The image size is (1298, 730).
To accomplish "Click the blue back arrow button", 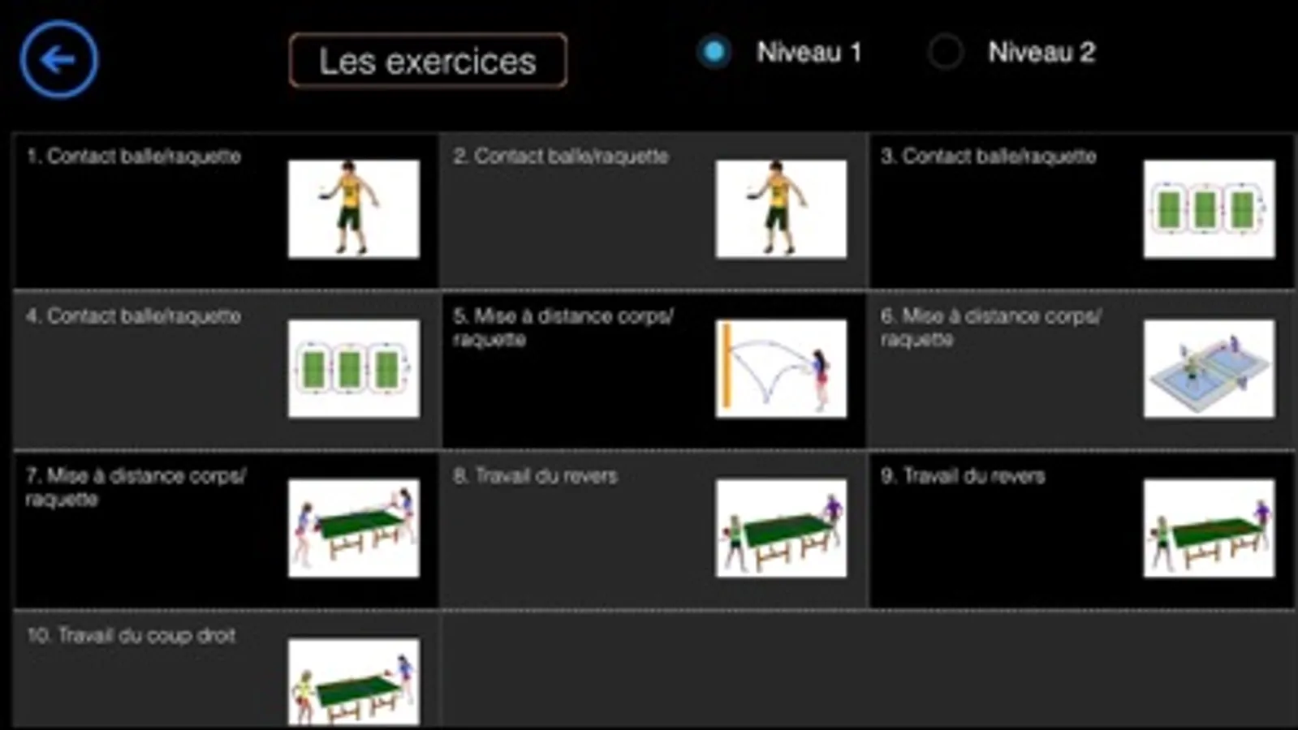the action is (x=59, y=60).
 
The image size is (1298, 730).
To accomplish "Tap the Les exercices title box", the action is (x=429, y=60).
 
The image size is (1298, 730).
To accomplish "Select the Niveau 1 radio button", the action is (x=714, y=52).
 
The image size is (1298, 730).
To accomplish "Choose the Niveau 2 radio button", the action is (x=945, y=52).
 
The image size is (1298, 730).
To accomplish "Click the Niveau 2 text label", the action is (x=1041, y=52).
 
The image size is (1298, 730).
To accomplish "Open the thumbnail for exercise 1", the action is (x=354, y=209).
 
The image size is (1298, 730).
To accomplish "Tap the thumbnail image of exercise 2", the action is (x=781, y=209).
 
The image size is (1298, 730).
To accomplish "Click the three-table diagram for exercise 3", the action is (x=1209, y=209).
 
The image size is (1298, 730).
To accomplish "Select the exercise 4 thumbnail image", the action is (x=354, y=369).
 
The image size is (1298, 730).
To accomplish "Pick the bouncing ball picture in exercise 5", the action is (x=781, y=369).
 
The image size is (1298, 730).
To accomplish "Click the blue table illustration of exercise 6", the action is (x=1209, y=369).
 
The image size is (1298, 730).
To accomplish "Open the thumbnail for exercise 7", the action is (x=354, y=528).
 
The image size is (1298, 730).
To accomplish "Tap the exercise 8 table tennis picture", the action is (x=781, y=528).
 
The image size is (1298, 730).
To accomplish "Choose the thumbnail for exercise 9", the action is (x=1209, y=528).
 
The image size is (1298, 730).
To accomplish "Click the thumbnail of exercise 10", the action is (x=354, y=682).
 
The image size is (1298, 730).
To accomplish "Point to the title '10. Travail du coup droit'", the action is (x=131, y=636).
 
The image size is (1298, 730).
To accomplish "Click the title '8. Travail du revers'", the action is (x=535, y=476).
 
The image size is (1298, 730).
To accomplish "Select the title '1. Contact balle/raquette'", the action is (x=133, y=157).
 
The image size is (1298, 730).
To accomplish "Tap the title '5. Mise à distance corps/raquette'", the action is (x=563, y=328).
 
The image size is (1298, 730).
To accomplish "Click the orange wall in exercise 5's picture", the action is (x=727, y=366).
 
